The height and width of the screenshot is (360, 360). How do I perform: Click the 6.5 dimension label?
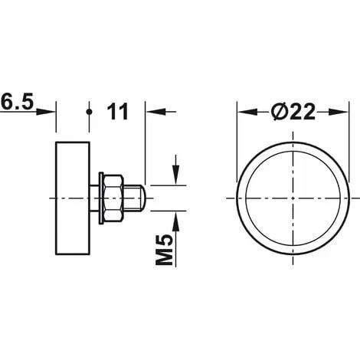(x=18, y=102)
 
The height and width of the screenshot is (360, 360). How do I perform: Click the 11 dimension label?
(x=117, y=112)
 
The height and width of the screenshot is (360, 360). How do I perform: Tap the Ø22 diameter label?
(x=293, y=112)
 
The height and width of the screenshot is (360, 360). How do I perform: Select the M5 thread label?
(x=164, y=250)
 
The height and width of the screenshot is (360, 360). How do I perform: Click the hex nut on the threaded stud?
(x=113, y=198)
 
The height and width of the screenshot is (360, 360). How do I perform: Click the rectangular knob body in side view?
(x=73, y=198)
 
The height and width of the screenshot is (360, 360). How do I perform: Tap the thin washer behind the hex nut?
(x=102, y=198)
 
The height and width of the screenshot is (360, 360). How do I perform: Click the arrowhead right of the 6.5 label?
(x=46, y=112)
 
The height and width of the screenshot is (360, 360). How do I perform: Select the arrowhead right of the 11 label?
(x=155, y=112)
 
